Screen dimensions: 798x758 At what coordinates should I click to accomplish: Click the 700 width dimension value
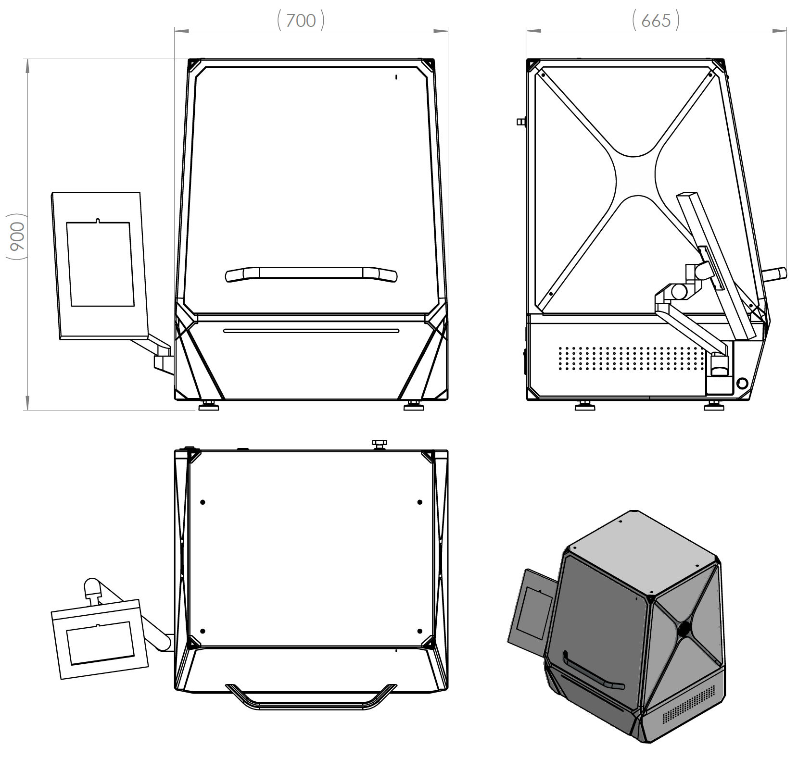[301, 21]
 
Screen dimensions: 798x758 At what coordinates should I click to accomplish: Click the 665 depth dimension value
[656, 21]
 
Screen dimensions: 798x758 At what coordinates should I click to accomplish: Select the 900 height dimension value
[17, 237]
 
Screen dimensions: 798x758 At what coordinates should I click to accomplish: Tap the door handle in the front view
[312, 274]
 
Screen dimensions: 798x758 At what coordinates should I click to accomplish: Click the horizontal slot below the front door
[311, 331]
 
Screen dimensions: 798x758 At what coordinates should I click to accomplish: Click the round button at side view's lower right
[742, 383]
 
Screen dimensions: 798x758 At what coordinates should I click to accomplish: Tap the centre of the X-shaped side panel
[635, 176]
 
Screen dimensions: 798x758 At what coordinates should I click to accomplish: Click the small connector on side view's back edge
[521, 122]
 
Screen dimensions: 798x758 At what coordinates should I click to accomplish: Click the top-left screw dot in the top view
[203, 502]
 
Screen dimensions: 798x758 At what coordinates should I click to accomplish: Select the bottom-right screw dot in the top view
[420, 631]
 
